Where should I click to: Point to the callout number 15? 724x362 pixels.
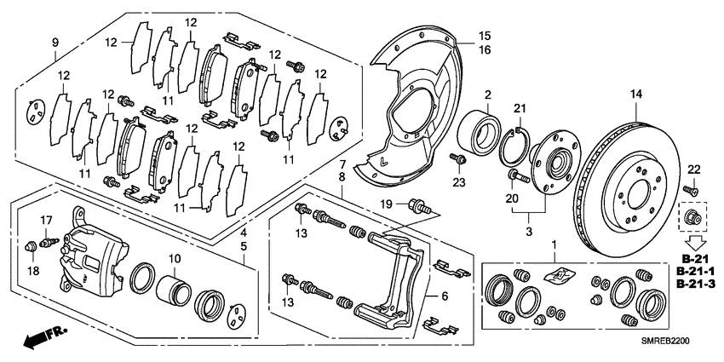pyautogui.click(x=484, y=37)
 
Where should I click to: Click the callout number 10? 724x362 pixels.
pyautogui.click(x=175, y=258)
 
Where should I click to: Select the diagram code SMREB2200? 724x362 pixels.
pyautogui.click(x=669, y=338)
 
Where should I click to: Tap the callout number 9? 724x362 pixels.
pyautogui.click(x=55, y=43)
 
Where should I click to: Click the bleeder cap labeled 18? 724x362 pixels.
pyautogui.click(x=34, y=246)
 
